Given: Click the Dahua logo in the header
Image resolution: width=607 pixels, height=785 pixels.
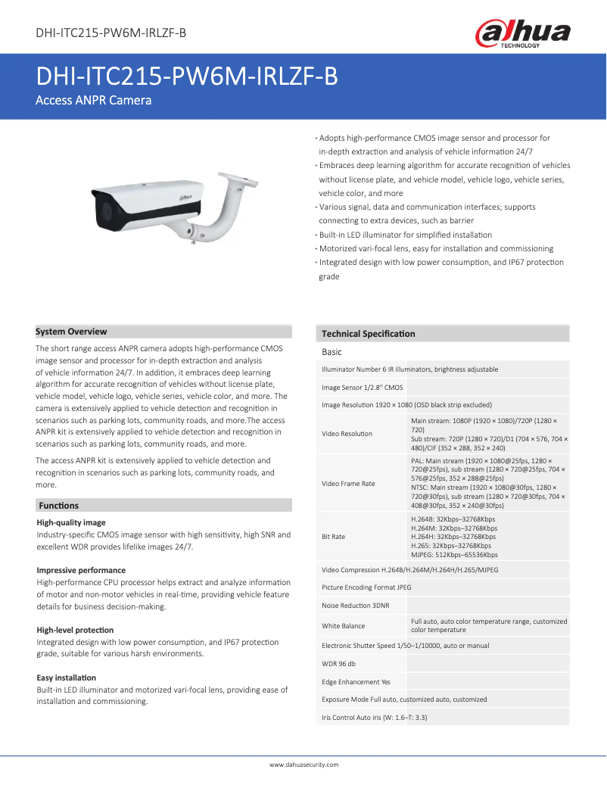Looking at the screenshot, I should tap(522, 34).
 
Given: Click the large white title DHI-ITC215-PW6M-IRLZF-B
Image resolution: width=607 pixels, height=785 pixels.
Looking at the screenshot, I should tap(187, 77).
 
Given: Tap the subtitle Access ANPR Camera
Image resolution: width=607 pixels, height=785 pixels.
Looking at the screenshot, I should tap(94, 101).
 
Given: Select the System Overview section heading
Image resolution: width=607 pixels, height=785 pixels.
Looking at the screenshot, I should tap(72, 332).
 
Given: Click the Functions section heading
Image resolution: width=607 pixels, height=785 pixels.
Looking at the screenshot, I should tap(59, 506).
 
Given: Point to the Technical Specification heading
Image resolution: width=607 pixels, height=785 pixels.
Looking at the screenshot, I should tap(369, 334).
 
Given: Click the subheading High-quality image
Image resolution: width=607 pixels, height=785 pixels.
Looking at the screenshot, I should tap(71, 522).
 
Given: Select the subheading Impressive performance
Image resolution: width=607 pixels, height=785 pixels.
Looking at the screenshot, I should tap(81, 570).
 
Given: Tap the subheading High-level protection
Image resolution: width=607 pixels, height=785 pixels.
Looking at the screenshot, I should tap(75, 630).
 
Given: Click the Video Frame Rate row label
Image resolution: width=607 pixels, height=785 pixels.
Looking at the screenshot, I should tap(348, 484).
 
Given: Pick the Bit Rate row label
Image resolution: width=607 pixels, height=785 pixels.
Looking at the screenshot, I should tap(333, 537).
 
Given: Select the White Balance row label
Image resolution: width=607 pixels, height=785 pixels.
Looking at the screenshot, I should tap(343, 626).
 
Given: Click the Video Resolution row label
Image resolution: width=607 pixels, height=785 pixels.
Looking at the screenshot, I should tap(347, 434).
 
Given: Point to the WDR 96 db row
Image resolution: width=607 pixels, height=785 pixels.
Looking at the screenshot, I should tap(338, 664).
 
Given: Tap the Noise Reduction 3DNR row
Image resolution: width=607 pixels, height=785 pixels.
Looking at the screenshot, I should tap(356, 606).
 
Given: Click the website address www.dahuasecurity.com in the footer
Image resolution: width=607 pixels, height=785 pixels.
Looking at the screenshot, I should tap(303, 765).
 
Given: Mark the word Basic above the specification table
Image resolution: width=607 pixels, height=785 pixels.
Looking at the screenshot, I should tap(332, 353).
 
